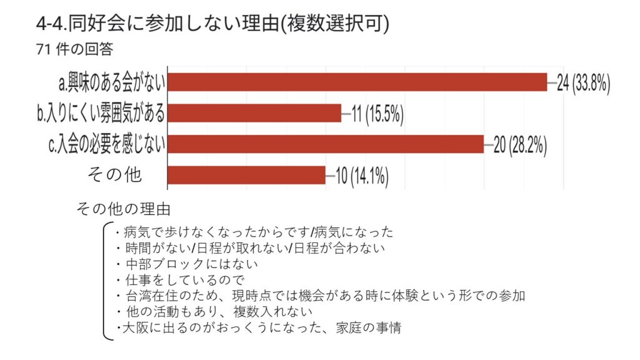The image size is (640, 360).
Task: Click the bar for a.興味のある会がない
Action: [357, 82]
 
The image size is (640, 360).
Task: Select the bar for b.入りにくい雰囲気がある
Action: [255, 113]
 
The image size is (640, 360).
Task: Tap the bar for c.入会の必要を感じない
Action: [326, 144]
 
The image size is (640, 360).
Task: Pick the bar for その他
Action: [247, 175]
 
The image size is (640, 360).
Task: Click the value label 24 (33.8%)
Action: [583, 83]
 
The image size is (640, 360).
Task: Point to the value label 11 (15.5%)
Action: [377, 114]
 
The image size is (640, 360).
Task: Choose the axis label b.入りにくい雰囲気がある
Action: [101, 114]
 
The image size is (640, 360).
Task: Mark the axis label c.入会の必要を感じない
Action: [107, 144]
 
